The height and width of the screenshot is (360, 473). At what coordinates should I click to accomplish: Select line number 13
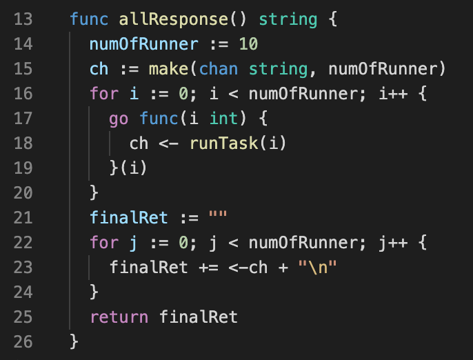pyautogui.click(x=23, y=19)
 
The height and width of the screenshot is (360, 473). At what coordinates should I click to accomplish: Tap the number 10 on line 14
pyautogui.click(x=248, y=45)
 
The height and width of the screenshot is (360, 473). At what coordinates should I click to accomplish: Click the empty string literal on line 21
pyautogui.click(x=217, y=219)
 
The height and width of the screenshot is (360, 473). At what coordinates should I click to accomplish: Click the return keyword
pyautogui.click(x=119, y=317)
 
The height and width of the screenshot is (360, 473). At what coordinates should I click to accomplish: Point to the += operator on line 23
pyautogui.click(x=208, y=268)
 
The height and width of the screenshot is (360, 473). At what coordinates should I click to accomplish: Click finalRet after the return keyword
pyautogui.click(x=198, y=317)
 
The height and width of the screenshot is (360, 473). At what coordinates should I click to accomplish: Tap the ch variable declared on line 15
pyautogui.click(x=99, y=70)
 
